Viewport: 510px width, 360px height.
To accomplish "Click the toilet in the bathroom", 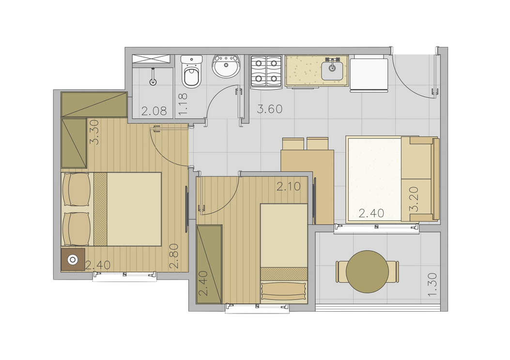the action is (x=191, y=72).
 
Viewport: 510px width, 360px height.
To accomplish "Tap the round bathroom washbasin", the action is (x=226, y=66).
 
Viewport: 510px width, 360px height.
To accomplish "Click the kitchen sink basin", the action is (x=332, y=71).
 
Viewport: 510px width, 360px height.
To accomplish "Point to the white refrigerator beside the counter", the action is (x=369, y=75).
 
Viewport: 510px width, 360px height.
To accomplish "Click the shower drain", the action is (x=153, y=82).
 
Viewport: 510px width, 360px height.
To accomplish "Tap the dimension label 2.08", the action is (x=154, y=111).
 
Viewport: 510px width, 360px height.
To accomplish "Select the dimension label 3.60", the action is (x=270, y=109).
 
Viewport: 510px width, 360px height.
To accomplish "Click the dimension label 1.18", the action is (x=183, y=104).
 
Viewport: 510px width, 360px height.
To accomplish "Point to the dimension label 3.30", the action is (x=94, y=132).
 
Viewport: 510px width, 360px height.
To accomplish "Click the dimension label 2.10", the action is (x=289, y=186).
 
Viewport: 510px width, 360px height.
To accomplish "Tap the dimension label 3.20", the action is (x=414, y=199).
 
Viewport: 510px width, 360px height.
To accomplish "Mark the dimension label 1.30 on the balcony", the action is (x=432, y=285).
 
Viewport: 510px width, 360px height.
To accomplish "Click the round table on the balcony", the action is (x=367, y=272).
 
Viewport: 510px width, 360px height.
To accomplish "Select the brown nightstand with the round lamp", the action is (x=73, y=260).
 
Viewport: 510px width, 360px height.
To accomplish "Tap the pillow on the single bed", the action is (x=283, y=291).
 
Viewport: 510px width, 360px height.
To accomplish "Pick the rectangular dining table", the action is (x=308, y=187).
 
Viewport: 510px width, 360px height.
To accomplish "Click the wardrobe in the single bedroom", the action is (x=209, y=264).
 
